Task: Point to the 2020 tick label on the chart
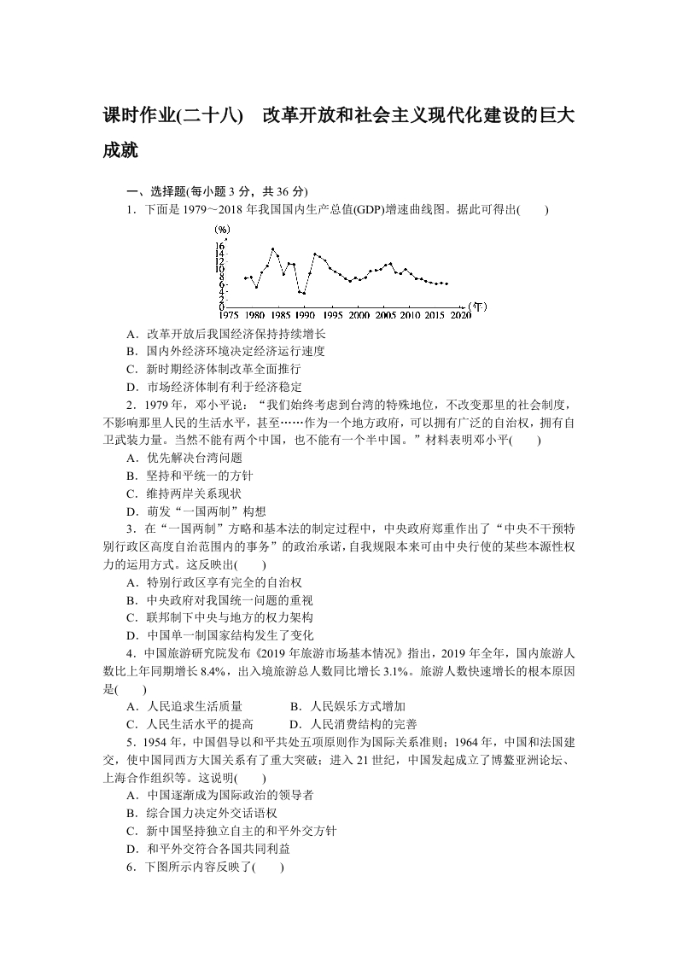coord(461,315)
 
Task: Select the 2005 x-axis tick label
coord(386,315)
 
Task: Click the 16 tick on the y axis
coord(220,246)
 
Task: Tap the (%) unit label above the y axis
coord(223,229)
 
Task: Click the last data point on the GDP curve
coord(446,283)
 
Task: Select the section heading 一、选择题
coord(155,191)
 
